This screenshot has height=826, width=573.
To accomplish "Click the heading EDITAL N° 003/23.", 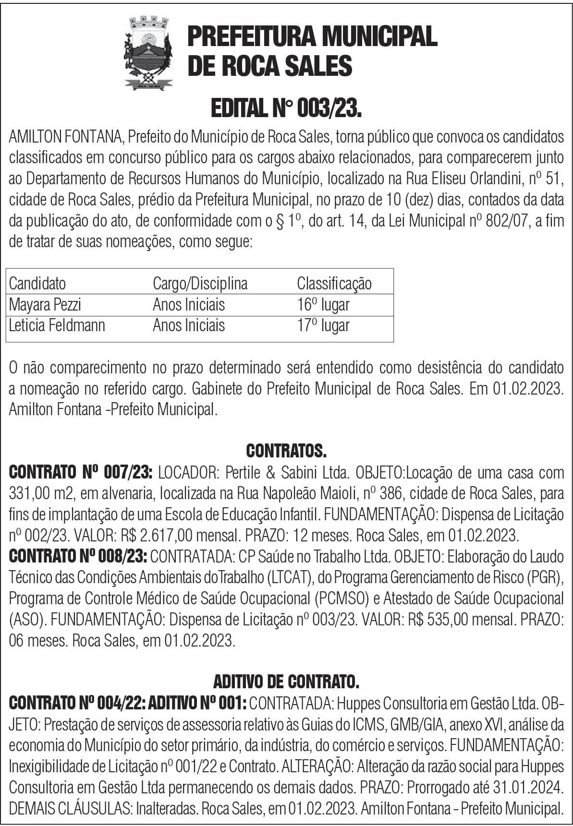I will (x=286, y=110).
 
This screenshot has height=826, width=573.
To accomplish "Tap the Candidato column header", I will (x=37, y=283).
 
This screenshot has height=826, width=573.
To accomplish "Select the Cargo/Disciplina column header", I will (x=200, y=283).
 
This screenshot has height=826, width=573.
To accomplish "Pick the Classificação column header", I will (x=334, y=283).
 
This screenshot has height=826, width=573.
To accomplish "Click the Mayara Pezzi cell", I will (x=45, y=304).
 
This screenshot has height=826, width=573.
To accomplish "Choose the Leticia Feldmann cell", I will (x=57, y=325).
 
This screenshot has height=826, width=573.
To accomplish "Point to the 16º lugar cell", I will (x=323, y=304).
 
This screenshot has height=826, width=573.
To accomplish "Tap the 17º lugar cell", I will (x=323, y=325).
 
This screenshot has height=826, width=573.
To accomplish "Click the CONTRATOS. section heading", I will (x=286, y=451).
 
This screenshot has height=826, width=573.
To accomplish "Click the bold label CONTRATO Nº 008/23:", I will (x=78, y=556).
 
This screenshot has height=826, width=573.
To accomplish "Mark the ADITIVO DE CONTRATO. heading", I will (x=286, y=681).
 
